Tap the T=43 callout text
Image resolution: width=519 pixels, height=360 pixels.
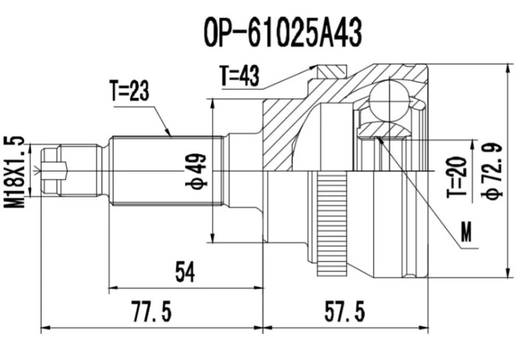[x=239, y=77]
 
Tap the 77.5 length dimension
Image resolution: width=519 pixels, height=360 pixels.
[x=151, y=312]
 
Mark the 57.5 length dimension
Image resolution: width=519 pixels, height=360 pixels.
[x=346, y=312]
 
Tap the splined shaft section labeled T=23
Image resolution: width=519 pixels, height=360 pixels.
[x=165, y=170]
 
